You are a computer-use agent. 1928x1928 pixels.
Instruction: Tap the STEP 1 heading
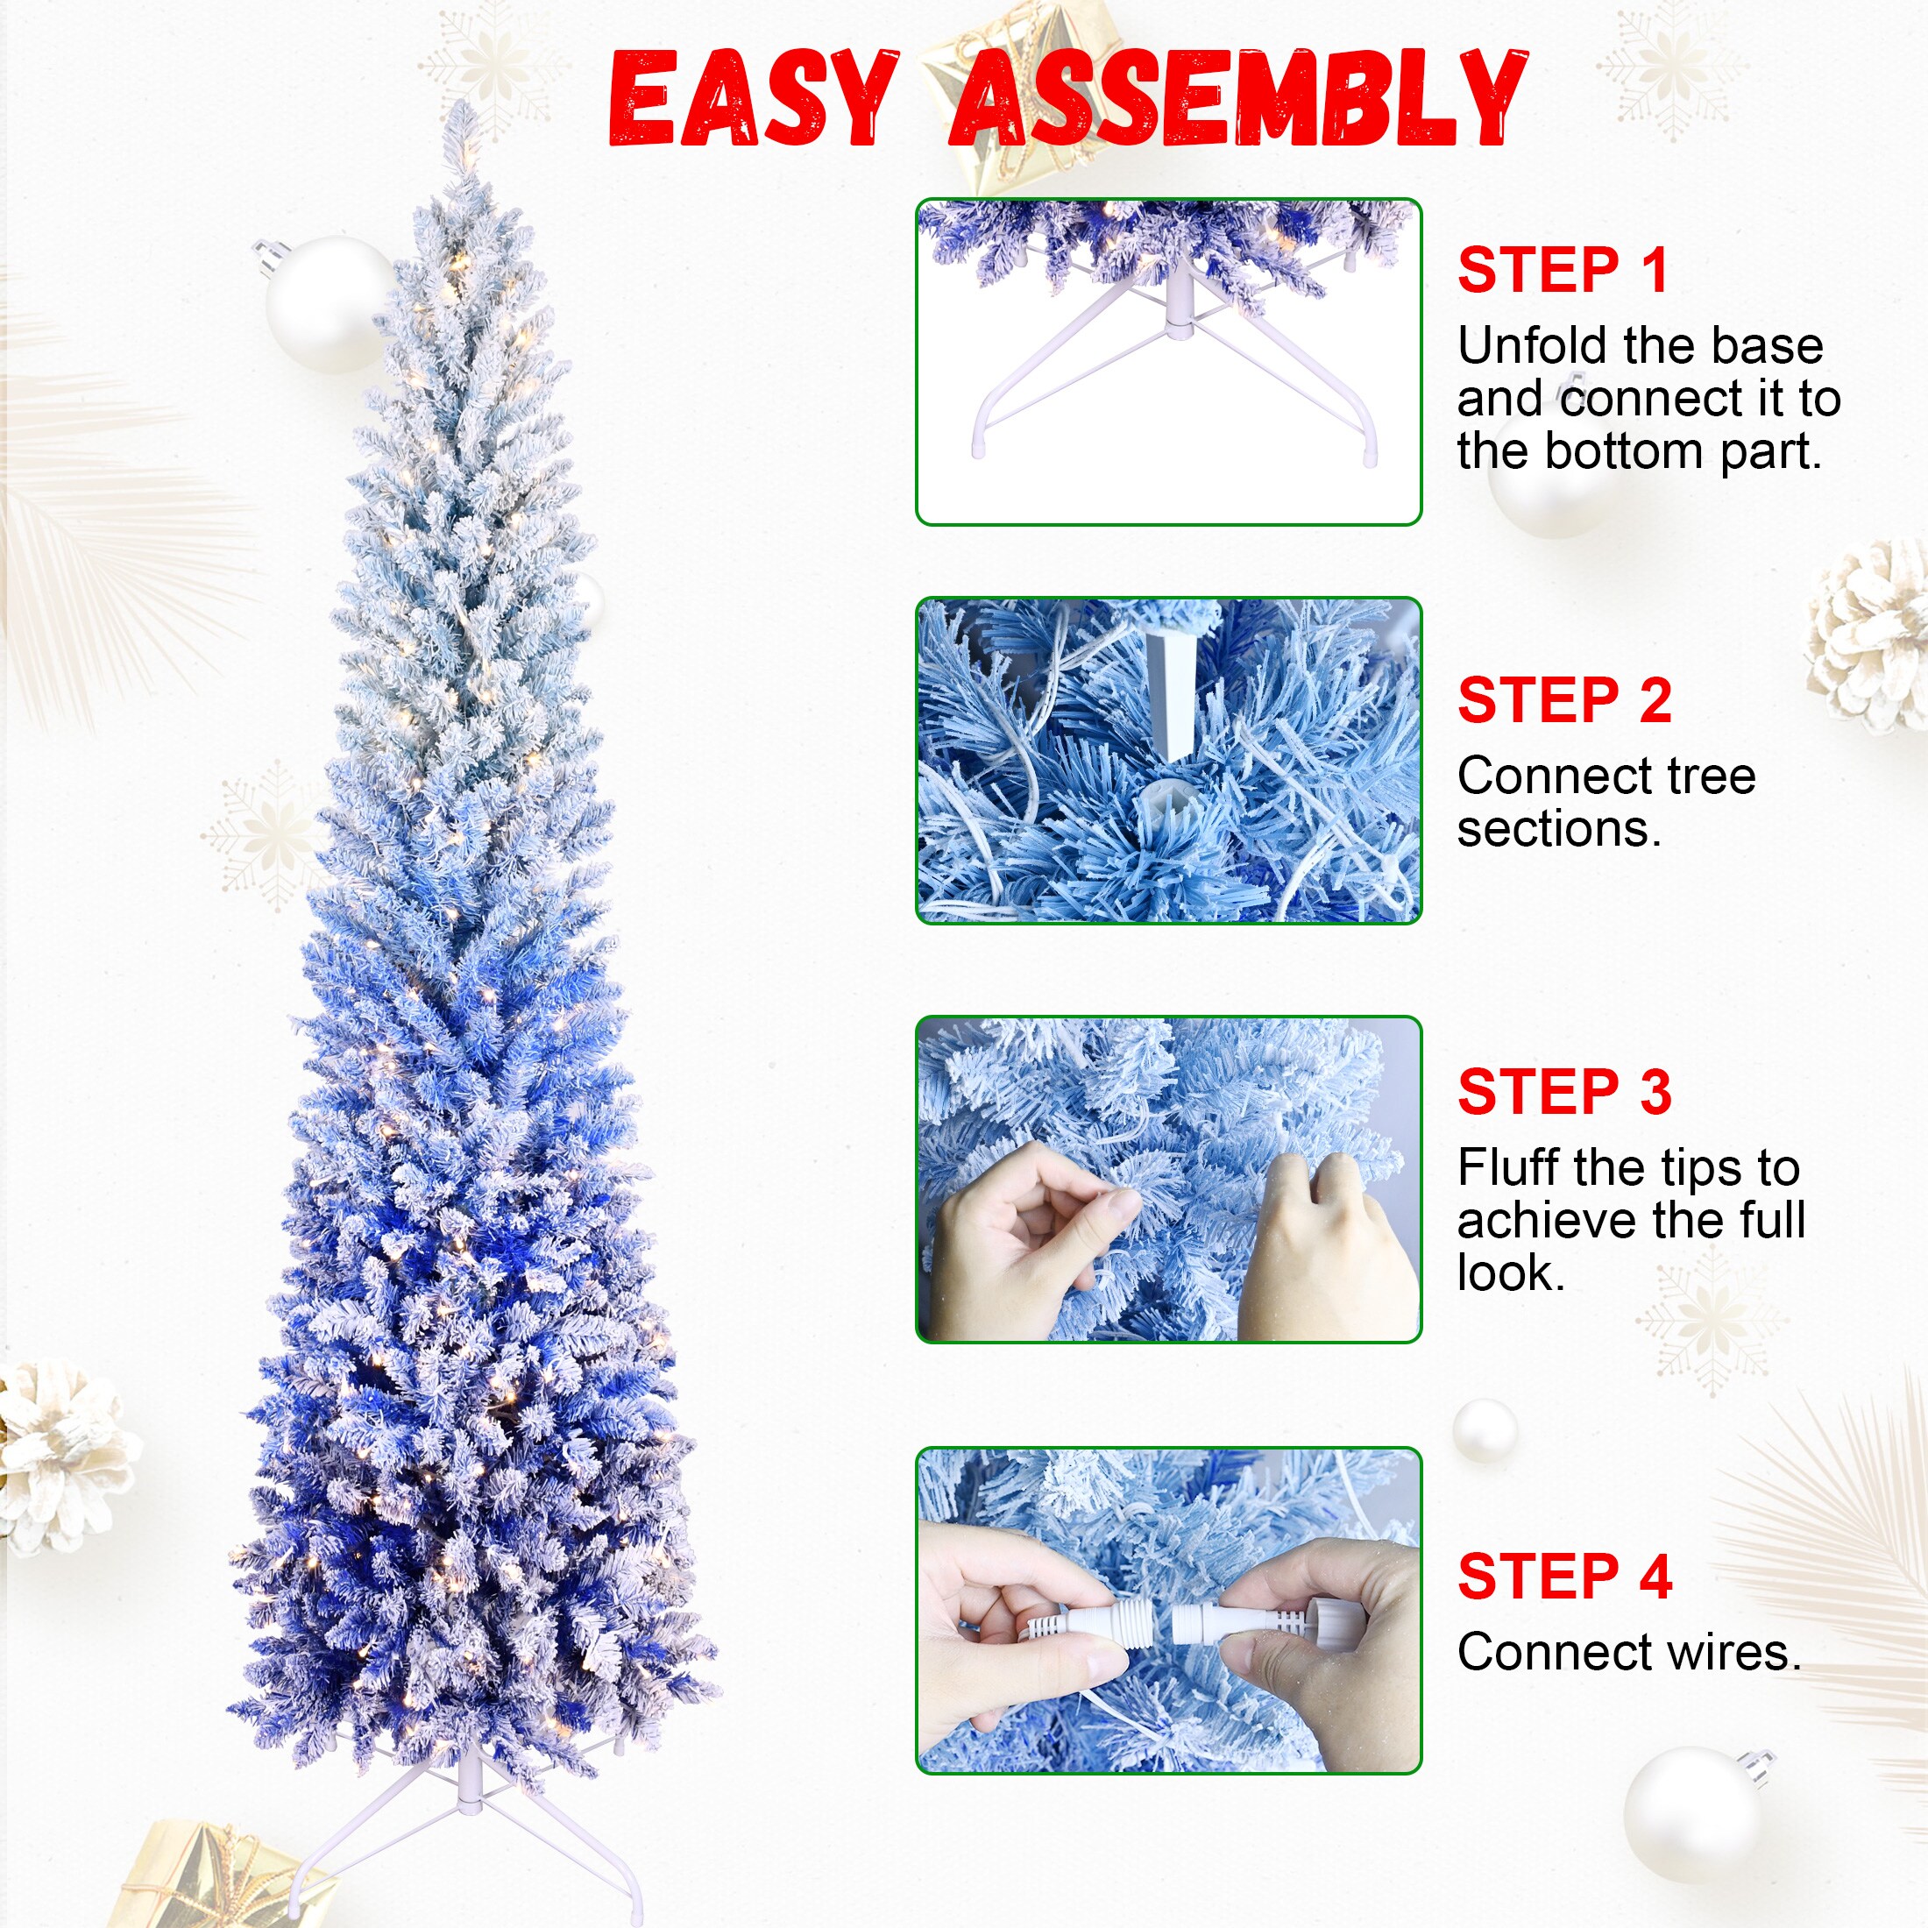coord(1563,271)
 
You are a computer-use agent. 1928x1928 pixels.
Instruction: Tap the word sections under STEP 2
coord(1559,828)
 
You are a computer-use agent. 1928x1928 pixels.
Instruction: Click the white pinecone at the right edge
coord(1875,639)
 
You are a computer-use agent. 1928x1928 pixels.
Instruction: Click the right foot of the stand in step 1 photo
coord(1372,454)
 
